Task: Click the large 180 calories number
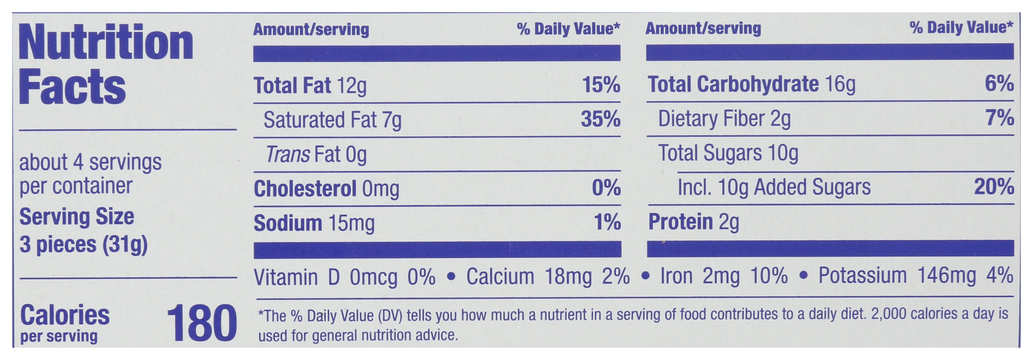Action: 202,323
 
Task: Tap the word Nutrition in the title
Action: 106,42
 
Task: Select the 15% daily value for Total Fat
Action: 601,85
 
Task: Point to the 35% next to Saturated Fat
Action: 601,119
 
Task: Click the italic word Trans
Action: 288,154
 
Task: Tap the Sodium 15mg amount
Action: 351,223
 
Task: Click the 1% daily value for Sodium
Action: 607,222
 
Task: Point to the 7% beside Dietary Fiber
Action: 1000,118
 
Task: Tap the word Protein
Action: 681,222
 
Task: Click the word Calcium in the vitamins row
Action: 500,277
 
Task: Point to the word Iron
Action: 676,276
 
